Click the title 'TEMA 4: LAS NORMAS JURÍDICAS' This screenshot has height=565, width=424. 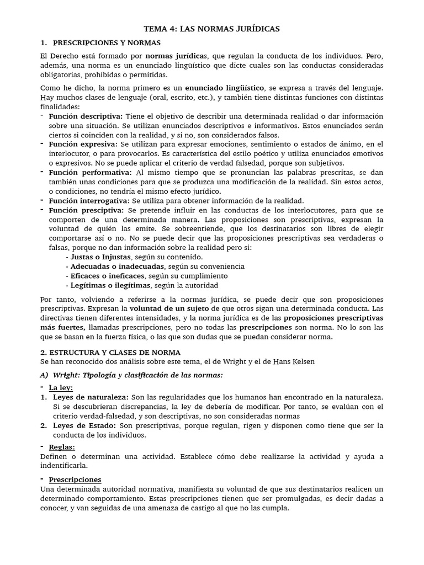pyautogui.click(x=211, y=28)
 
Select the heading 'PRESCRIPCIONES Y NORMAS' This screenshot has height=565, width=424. pyautogui.click(x=107, y=42)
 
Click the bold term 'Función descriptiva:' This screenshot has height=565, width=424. pyautogui.click(x=86, y=116)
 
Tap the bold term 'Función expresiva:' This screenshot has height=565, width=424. pyautogui.click(x=82, y=144)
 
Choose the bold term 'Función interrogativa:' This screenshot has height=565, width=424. pyautogui.click(x=88, y=201)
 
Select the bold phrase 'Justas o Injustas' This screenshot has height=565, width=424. pyautogui.click(x=100, y=257)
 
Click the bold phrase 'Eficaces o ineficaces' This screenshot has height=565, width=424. pyautogui.click(x=107, y=276)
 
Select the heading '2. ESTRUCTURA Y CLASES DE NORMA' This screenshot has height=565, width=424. pyautogui.click(x=110, y=352)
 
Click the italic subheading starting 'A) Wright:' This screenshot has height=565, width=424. pyautogui.click(x=132, y=375)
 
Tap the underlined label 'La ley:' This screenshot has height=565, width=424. pyautogui.click(x=62, y=388)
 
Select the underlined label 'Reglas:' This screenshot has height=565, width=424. pyautogui.click(x=62, y=447)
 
